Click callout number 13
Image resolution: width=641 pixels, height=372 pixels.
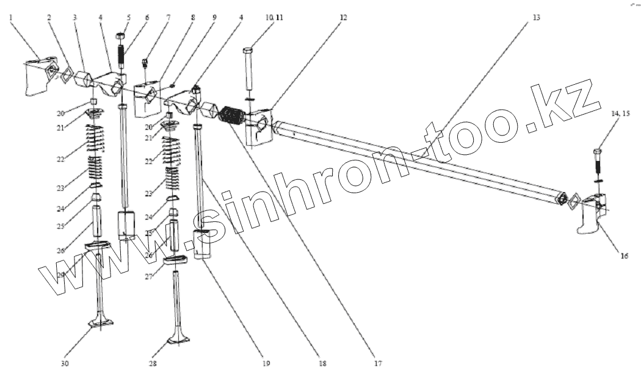[536, 18]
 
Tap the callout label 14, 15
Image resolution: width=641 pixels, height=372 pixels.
[621, 113]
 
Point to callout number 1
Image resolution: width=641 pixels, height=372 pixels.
[11, 18]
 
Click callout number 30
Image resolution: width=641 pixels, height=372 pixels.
[65, 364]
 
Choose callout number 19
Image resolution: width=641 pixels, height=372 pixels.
[265, 364]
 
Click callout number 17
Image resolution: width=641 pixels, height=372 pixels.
[378, 364]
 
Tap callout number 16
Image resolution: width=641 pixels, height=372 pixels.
[624, 256]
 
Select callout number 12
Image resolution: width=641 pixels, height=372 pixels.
[343, 18]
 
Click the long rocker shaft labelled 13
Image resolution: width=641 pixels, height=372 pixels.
[421, 162]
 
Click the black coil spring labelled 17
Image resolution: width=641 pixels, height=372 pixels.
[233, 116]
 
